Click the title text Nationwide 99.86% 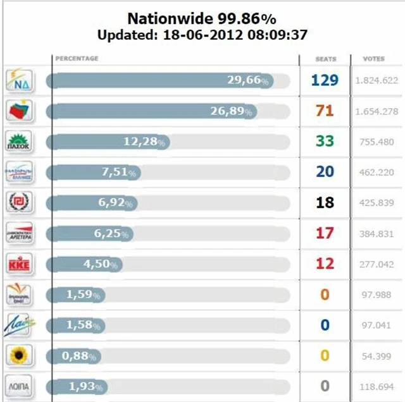[x=202, y=18]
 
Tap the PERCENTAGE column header [x=77, y=59]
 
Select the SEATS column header [x=325, y=59]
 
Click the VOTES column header [x=373, y=59]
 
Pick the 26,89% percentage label [x=233, y=111]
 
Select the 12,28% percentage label [x=144, y=142]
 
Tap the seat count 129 [x=325, y=80]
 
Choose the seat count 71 [x=325, y=111]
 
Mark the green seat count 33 [x=325, y=142]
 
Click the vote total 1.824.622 [x=376, y=81]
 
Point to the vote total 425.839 [x=376, y=203]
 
